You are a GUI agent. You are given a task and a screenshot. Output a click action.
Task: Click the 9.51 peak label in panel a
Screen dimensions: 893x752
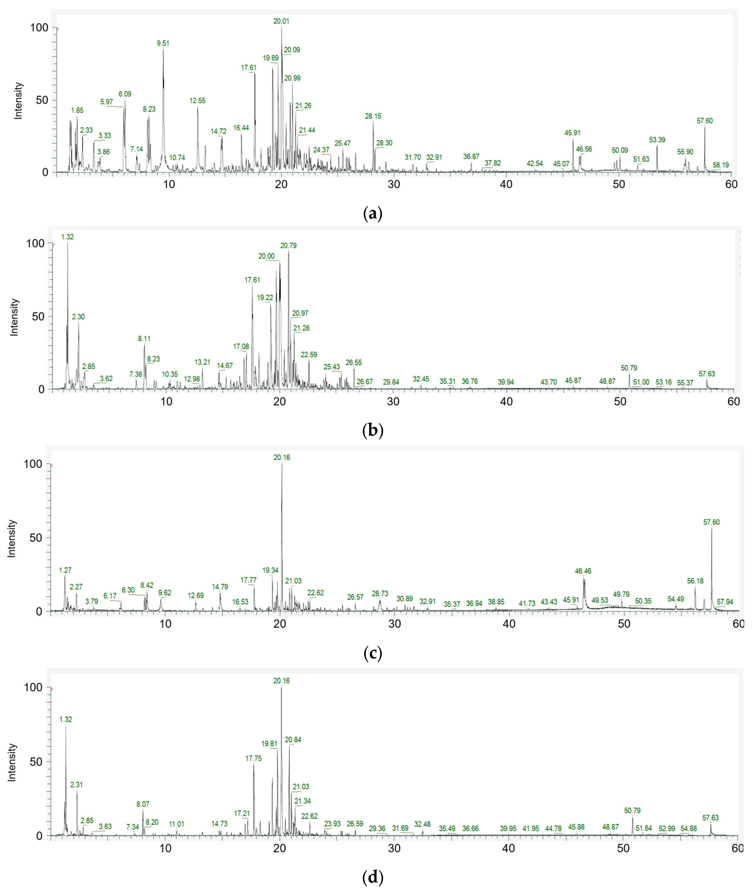[x=163, y=43]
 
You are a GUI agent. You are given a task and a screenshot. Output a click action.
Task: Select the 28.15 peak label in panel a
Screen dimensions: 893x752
[x=373, y=116]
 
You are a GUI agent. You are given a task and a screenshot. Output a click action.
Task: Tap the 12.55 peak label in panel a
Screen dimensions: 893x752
[x=197, y=101]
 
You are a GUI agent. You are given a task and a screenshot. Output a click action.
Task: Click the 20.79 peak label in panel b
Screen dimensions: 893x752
[x=288, y=245]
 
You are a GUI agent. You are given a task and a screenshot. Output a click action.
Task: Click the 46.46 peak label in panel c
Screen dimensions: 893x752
[x=583, y=571]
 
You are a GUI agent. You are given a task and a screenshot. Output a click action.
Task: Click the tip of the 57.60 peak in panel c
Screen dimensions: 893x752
[x=711, y=528]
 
